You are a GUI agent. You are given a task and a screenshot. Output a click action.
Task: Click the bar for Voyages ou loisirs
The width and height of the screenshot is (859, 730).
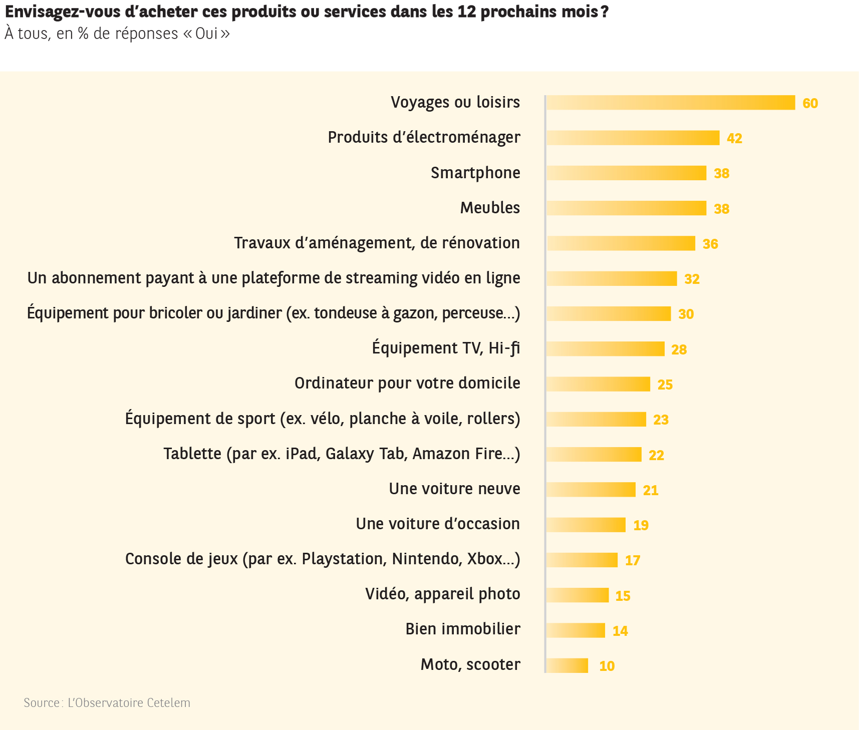(x=670, y=103)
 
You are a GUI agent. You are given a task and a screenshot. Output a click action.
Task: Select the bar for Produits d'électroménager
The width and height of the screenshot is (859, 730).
(x=633, y=138)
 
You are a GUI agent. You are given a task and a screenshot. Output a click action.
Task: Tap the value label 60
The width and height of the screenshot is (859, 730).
(x=810, y=103)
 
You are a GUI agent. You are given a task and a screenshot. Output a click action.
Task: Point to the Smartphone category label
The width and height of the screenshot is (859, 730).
(x=475, y=173)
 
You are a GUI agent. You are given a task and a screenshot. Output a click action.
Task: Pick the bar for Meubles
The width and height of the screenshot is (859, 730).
(x=626, y=208)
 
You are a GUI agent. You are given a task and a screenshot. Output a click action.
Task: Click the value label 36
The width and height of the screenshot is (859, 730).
(x=710, y=244)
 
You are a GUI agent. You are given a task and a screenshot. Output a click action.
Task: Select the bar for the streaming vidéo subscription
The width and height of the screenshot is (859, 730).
(x=612, y=278)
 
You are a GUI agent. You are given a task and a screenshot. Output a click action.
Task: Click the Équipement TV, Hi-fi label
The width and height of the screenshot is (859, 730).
(x=446, y=348)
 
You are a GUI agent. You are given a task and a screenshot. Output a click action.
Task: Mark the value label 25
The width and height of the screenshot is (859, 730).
(x=665, y=385)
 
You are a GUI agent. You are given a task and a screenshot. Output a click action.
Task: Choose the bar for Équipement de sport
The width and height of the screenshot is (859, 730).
(x=596, y=419)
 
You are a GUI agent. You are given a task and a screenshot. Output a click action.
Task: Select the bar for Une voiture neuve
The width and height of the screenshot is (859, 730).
(x=591, y=490)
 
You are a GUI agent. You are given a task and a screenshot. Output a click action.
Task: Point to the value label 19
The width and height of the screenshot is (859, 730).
(x=641, y=525)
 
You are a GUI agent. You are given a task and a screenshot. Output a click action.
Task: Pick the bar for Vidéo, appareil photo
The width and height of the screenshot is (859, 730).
(x=578, y=595)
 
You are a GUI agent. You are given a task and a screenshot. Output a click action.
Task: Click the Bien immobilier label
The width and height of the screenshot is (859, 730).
(x=463, y=629)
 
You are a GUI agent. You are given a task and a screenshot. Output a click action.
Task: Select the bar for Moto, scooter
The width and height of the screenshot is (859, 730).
(x=567, y=665)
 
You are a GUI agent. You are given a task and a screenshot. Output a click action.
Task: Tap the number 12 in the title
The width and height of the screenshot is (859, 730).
(x=466, y=12)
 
